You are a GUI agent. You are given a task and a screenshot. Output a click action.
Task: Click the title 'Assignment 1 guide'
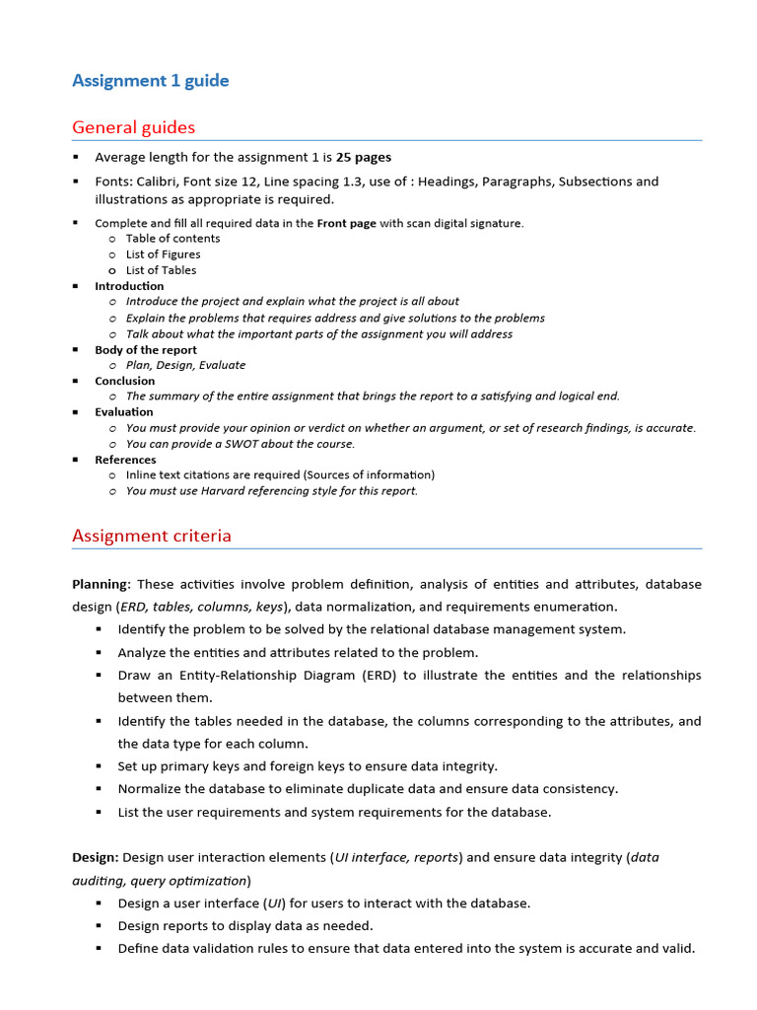(x=150, y=81)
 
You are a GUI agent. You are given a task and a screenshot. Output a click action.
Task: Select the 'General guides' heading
(x=133, y=127)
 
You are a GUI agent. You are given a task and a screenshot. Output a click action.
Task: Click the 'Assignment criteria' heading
(x=152, y=536)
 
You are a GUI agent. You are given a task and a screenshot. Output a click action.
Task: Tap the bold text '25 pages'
(x=364, y=157)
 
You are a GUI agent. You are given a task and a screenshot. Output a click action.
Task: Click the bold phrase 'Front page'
(x=346, y=223)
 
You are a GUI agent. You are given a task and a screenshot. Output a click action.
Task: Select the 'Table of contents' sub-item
(x=172, y=239)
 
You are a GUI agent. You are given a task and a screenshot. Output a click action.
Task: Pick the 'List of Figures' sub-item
(x=163, y=254)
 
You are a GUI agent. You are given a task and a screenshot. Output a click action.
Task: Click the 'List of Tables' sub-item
(x=161, y=270)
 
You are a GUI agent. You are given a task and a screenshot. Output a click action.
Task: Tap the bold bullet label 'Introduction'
(x=129, y=286)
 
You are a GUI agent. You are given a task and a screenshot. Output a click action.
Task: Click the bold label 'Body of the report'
(x=146, y=350)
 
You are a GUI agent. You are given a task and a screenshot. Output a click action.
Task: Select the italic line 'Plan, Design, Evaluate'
(x=185, y=365)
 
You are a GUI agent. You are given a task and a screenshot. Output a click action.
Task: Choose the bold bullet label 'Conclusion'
(x=124, y=381)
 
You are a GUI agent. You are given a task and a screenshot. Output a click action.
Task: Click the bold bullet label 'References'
(x=125, y=460)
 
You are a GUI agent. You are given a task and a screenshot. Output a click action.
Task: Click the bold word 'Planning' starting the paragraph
(x=100, y=584)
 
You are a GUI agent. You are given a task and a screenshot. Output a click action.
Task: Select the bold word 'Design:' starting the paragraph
(x=96, y=857)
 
